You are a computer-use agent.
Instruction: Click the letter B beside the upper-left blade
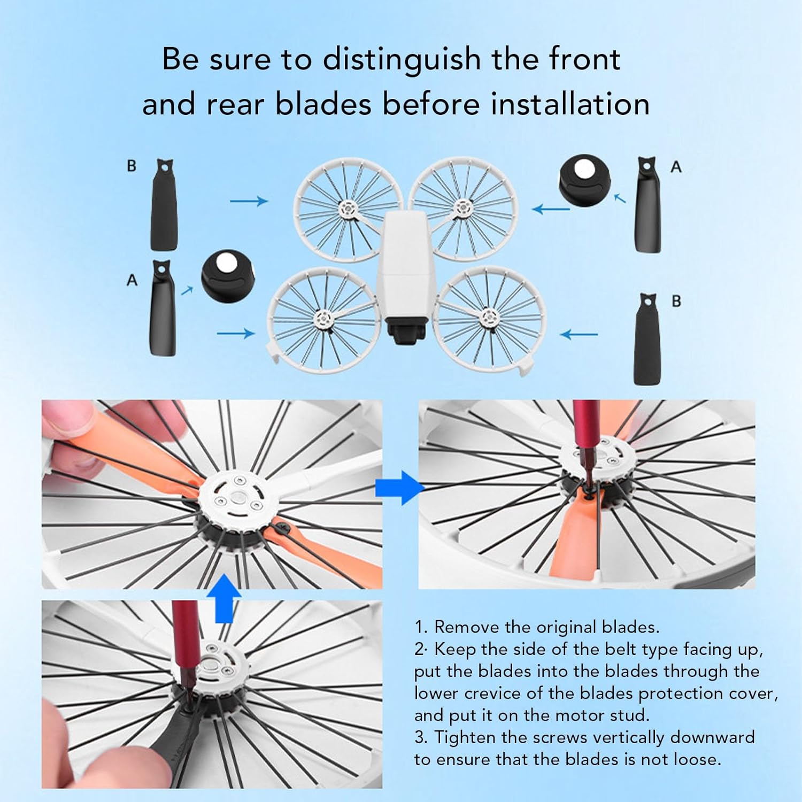click(132, 166)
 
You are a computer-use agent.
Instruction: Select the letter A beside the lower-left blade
click(132, 280)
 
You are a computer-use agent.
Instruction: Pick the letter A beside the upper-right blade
click(676, 167)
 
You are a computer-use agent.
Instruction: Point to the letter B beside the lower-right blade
click(676, 301)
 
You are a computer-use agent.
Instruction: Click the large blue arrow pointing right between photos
click(400, 488)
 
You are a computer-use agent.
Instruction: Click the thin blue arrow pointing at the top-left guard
click(249, 202)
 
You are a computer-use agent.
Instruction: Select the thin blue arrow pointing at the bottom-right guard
click(579, 335)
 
